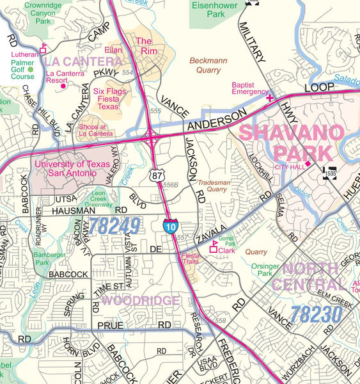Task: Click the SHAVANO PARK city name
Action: click(292, 143)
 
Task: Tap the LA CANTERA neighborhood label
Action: click(83, 61)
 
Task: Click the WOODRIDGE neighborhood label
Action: click(140, 300)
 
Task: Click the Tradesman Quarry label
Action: click(212, 186)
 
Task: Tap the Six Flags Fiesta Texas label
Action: click(110, 99)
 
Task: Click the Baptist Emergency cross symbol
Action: click(270, 99)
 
